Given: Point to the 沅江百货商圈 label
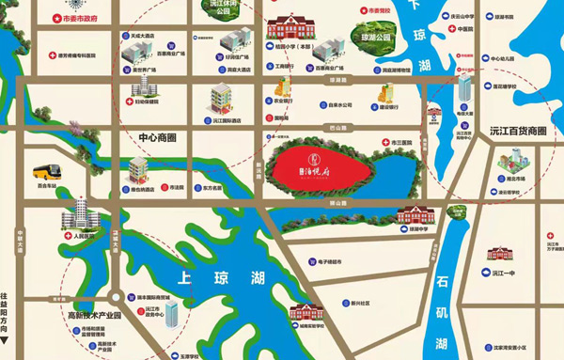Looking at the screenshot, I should click(512, 133).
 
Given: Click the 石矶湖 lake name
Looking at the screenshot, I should click(443, 300).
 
